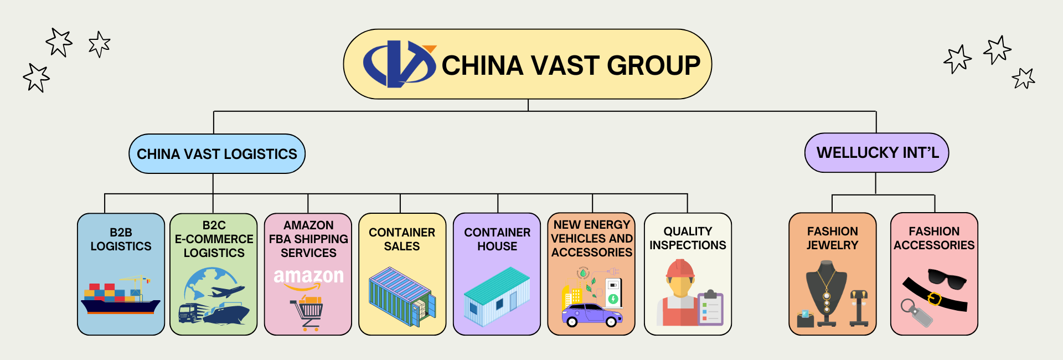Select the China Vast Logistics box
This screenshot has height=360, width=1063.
pos(216,154)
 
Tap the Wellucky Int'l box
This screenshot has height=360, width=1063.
pos(876,153)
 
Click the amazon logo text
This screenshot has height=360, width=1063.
pos(308,276)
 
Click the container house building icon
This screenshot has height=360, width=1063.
pos(497,296)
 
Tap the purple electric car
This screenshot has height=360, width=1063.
pos(591,315)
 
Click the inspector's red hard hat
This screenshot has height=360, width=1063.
pos(680,269)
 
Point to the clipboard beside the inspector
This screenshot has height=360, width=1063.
pos(710,308)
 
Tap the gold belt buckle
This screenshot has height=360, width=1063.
pos(934,299)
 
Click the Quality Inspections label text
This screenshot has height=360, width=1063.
pos(688,238)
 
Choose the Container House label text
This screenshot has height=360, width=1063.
pos(497,239)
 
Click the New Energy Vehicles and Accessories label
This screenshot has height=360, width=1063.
pos(592,239)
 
